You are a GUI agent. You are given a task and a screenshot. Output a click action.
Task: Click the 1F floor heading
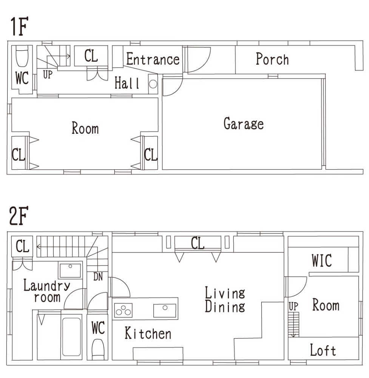pyautogui.click(x=19, y=26)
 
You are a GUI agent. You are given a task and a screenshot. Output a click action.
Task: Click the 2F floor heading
pyautogui.click(x=19, y=215)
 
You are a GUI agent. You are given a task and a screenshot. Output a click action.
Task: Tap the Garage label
pyautogui.click(x=244, y=124)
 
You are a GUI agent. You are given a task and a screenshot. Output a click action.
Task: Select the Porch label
pyautogui.click(x=272, y=59)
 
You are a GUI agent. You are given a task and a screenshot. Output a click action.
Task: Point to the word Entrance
pyautogui.click(x=153, y=59)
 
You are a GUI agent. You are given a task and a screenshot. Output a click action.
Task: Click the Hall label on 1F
pyautogui.click(x=127, y=83)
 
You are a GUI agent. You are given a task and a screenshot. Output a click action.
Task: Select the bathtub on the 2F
pyautogui.click(x=71, y=337)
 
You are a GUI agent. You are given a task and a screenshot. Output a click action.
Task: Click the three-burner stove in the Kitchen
pyautogui.click(x=124, y=310)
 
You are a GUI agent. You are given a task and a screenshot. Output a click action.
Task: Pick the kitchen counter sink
pyautogui.click(x=165, y=310)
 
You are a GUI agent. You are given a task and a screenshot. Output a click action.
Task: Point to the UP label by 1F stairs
pyautogui.click(x=48, y=75)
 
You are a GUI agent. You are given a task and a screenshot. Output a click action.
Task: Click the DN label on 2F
pyautogui.click(x=98, y=277)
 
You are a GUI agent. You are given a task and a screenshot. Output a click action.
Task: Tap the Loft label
pyautogui.click(x=323, y=350)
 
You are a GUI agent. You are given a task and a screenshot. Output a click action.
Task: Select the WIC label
pyautogui.click(x=322, y=260)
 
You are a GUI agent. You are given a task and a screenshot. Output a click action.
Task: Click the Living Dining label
pyautogui.click(x=225, y=300)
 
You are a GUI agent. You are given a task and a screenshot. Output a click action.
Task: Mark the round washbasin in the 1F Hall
pyautogui.click(x=153, y=84)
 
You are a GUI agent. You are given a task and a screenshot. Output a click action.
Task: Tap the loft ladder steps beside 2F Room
pyautogui.click(x=293, y=324)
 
